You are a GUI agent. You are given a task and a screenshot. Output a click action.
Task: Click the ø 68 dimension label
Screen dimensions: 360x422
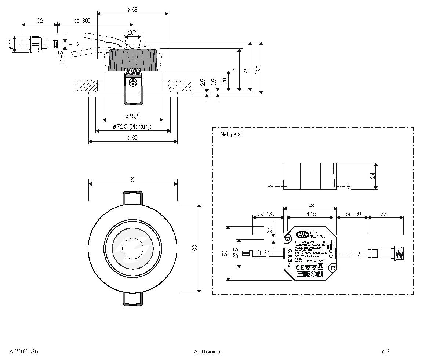132,10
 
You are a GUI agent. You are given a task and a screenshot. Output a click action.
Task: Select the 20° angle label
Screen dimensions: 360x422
132,32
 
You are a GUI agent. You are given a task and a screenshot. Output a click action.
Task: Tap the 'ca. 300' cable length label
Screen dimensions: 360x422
82,21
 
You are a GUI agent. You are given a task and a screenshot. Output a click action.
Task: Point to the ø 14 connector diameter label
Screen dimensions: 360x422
11,44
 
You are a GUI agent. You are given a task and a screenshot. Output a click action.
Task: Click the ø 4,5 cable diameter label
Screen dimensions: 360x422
61,57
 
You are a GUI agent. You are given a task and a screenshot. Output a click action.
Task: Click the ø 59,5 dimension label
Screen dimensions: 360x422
132,116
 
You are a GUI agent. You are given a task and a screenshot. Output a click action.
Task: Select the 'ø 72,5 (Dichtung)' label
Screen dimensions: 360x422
132,127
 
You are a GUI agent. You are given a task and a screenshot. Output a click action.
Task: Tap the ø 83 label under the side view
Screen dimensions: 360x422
132,138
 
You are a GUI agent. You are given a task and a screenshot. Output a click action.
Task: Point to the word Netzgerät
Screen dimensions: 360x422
231,134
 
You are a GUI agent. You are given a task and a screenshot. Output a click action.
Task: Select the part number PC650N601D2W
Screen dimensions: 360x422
24,351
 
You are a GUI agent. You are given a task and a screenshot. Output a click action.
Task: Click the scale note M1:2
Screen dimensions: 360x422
385,351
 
